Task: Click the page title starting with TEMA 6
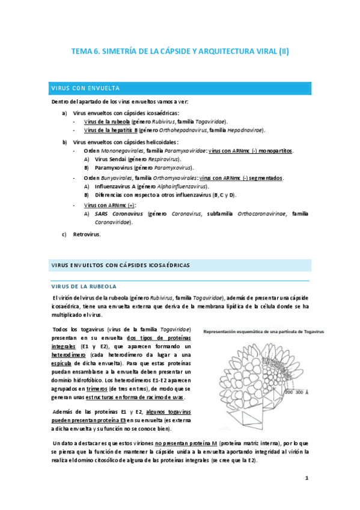pos(180,52)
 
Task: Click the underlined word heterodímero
pos(70,355)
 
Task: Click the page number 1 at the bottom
pos(307,479)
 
